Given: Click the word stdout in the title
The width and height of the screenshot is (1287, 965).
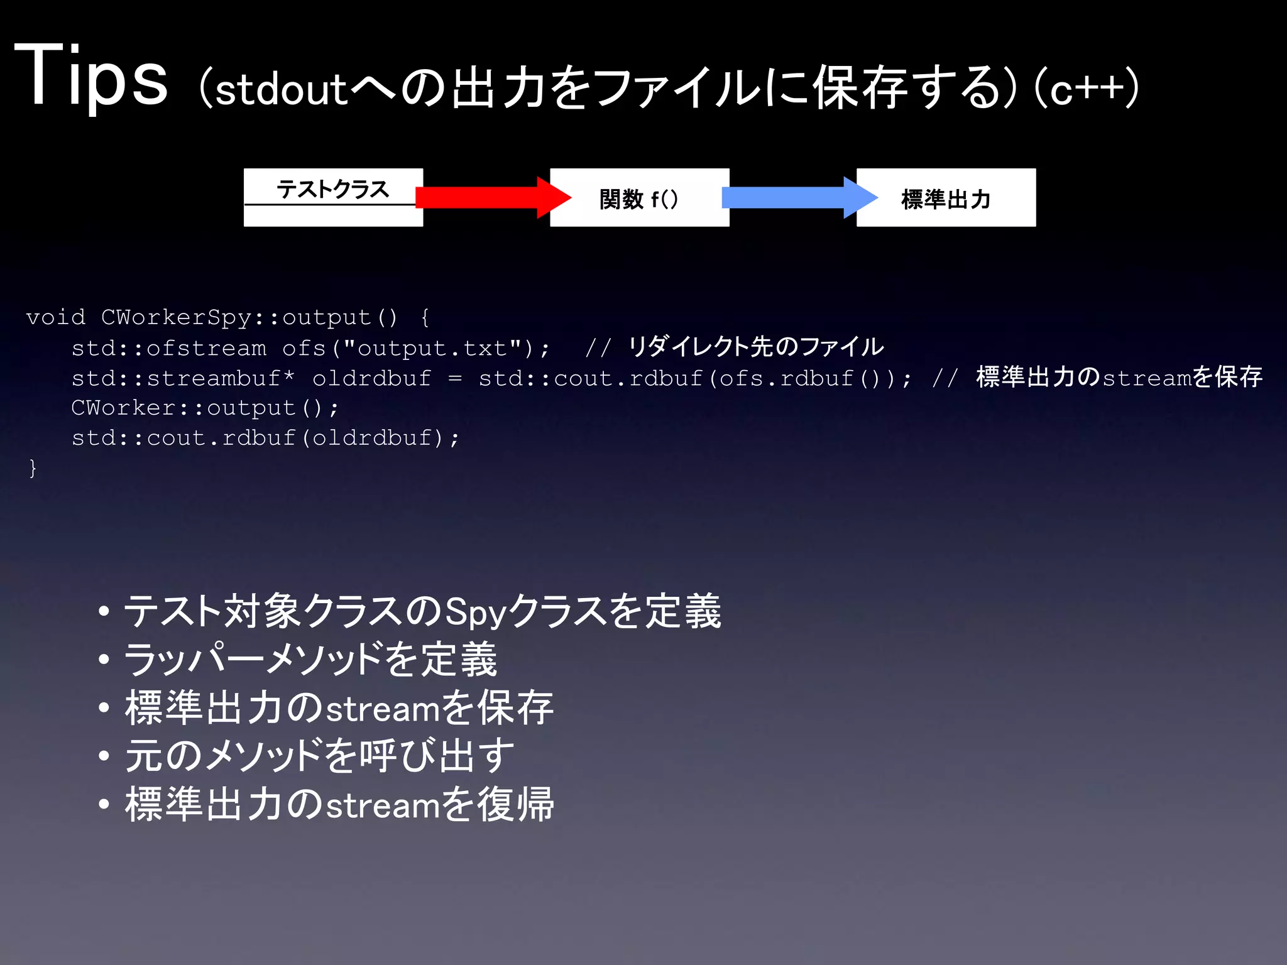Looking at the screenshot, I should pyautogui.click(x=281, y=89).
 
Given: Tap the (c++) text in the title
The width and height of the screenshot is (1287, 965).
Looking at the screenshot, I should pyautogui.click(x=1086, y=88).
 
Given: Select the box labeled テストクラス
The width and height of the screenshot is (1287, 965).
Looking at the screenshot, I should pyautogui.click(x=332, y=197).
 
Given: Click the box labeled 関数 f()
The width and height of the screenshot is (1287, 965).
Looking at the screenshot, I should pyautogui.click(x=639, y=198).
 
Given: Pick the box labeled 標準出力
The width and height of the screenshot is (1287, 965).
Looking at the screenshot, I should pyautogui.click(x=946, y=198).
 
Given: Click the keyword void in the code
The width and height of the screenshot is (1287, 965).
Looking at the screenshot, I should pyautogui.click(x=55, y=317).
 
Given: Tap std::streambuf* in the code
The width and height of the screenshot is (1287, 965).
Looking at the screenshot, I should pyautogui.click(x=182, y=378).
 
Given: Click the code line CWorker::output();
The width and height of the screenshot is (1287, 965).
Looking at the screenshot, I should pyautogui.click(x=205, y=408).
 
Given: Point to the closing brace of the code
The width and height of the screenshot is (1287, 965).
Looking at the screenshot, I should pyautogui.click(x=33, y=469).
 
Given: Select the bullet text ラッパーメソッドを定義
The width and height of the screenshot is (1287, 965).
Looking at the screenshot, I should pyautogui.click(x=310, y=660).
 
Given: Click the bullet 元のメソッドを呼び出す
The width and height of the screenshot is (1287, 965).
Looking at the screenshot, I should pyautogui.click(x=319, y=756).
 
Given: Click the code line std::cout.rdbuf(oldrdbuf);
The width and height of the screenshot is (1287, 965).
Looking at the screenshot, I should pyautogui.click(x=265, y=439).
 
